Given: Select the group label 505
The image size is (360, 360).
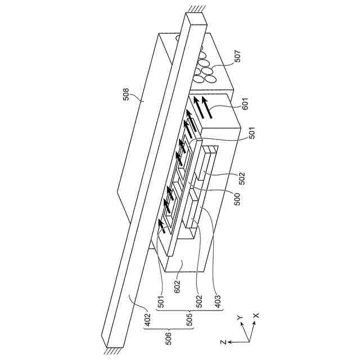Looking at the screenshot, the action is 190,319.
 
